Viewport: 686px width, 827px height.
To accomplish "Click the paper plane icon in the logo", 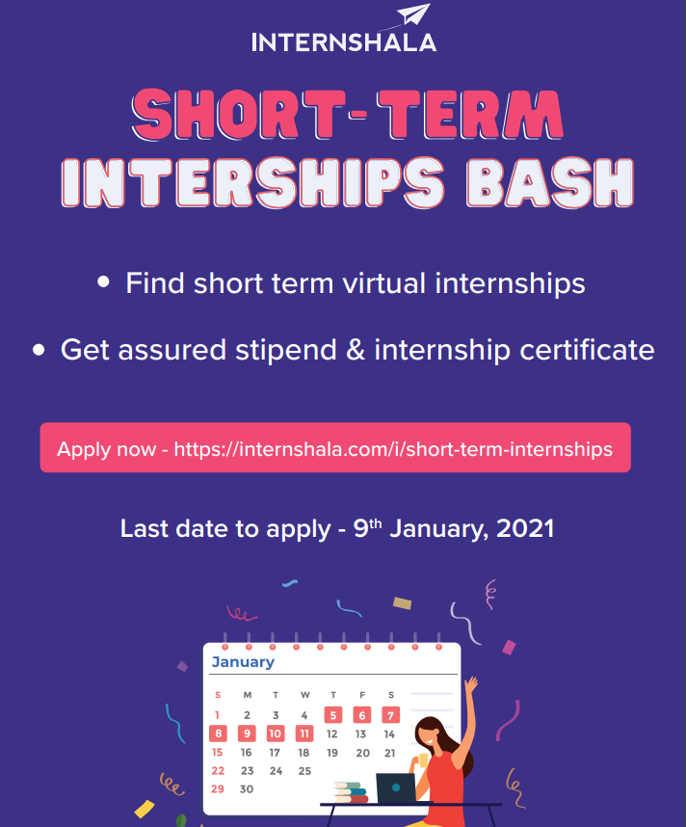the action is [x=414, y=13].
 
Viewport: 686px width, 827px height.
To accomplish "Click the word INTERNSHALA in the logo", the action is [x=344, y=42].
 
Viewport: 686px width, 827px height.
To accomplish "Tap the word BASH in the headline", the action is [x=550, y=182].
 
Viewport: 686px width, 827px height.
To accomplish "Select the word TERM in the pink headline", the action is [x=470, y=115].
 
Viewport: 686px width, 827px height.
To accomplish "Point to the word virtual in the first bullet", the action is [x=383, y=283].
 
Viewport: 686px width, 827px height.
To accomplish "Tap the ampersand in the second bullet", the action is [x=356, y=350].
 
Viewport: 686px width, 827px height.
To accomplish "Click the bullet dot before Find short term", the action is [x=103, y=281].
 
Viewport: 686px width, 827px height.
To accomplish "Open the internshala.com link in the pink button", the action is [x=393, y=449].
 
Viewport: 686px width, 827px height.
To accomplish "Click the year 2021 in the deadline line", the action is [x=525, y=528].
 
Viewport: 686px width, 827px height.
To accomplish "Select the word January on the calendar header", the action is [x=243, y=662].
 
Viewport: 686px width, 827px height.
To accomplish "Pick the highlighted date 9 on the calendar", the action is [x=247, y=734].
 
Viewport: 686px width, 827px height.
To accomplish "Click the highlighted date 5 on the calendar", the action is [x=333, y=715].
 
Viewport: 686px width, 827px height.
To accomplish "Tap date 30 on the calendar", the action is [x=247, y=789].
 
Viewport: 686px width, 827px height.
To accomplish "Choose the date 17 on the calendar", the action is [x=275, y=753].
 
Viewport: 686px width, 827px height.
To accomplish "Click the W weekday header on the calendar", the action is [x=304, y=695].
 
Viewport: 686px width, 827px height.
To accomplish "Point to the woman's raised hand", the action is [x=471, y=685].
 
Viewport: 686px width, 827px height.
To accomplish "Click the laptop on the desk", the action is [x=396, y=788].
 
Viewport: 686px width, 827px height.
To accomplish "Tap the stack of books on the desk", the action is [x=351, y=792].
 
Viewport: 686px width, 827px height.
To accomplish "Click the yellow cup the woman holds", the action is [x=423, y=760].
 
